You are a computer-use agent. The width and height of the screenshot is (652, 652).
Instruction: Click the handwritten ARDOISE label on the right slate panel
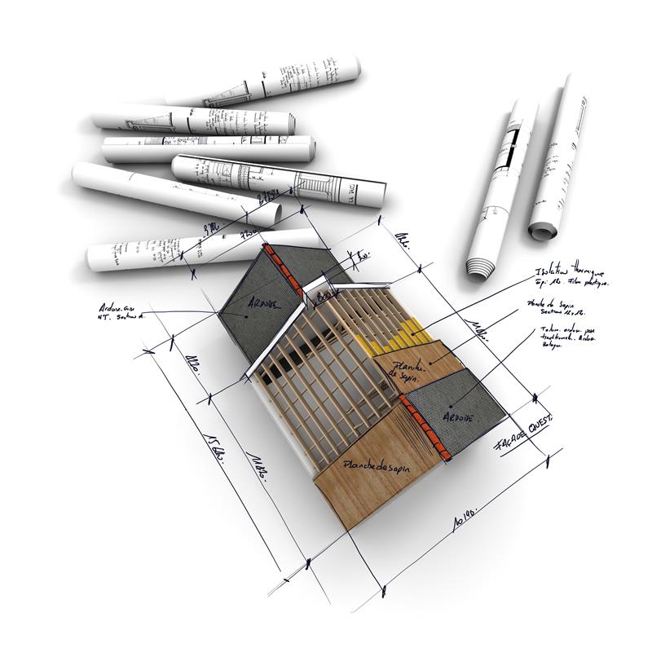[x=457, y=416]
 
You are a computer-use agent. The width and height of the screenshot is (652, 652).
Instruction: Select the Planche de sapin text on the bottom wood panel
[x=376, y=466]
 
